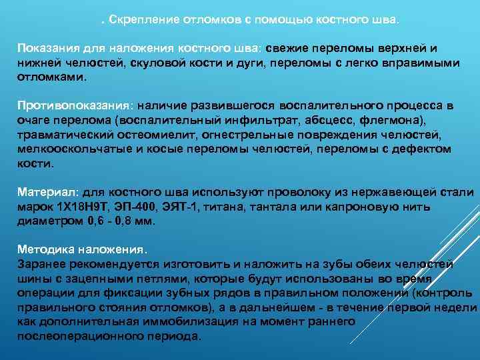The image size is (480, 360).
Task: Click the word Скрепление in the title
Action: [x=142, y=19]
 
